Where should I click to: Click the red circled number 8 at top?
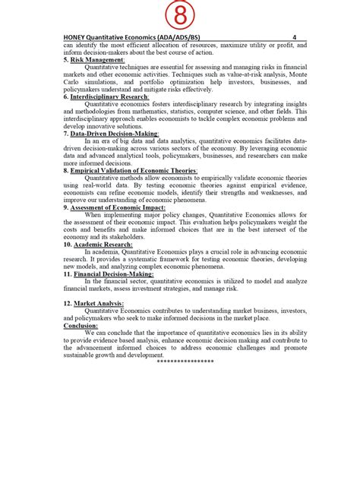tap(180, 14)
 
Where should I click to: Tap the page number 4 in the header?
tap(293, 36)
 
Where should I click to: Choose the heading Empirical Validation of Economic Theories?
tap(134, 170)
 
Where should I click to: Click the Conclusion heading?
tap(81, 324)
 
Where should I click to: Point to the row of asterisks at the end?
tap(185, 361)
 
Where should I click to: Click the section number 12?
tap(68, 302)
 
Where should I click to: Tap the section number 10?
tap(68, 244)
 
